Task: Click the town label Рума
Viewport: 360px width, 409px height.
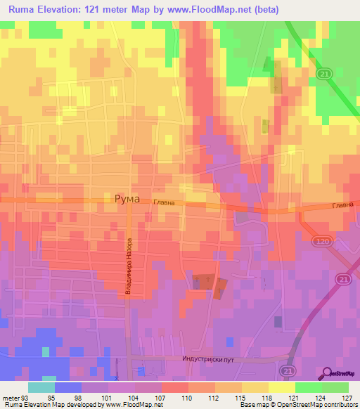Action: (x=127, y=199)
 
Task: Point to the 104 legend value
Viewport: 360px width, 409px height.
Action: (x=135, y=397)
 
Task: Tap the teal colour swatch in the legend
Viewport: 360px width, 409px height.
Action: (x=41, y=387)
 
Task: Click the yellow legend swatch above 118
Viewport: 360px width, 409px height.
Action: (x=281, y=387)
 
